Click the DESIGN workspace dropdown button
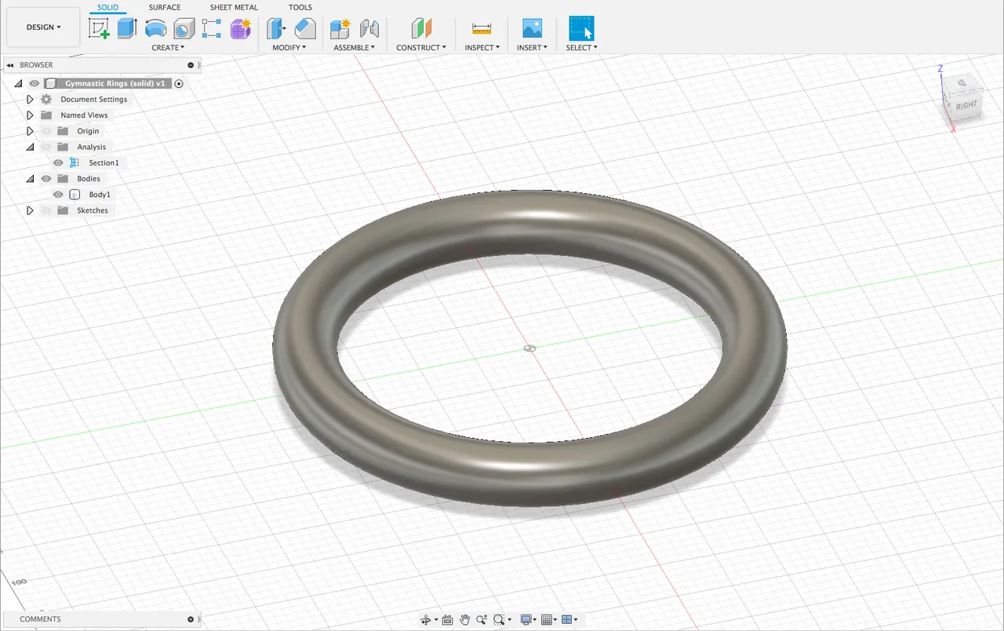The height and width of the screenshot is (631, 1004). click(x=43, y=27)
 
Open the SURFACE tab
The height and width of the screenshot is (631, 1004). click(x=165, y=8)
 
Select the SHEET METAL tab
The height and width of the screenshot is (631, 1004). click(x=234, y=8)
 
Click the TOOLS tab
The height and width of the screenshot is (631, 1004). click(x=300, y=8)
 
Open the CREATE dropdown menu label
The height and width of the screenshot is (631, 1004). click(x=168, y=48)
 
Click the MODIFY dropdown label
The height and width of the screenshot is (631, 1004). click(x=289, y=48)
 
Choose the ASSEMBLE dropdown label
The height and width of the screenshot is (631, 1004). click(x=354, y=48)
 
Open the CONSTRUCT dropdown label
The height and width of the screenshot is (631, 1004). click(x=420, y=48)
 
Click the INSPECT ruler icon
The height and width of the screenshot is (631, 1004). click(x=482, y=29)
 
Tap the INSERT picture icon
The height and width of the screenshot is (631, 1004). click(x=532, y=29)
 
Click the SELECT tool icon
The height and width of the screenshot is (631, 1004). click(x=581, y=29)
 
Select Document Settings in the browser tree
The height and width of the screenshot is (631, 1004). click(x=93, y=100)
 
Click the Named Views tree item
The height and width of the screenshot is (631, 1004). click(x=84, y=115)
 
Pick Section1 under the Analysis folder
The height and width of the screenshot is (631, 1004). click(x=104, y=163)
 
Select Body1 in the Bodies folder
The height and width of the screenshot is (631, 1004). click(x=100, y=195)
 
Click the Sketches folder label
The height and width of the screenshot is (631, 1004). click(x=93, y=210)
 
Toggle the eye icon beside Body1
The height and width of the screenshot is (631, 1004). click(x=58, y=195)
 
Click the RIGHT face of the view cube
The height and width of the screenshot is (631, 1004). click(x=966, y=105)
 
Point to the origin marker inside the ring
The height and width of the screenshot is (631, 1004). click(x=530, y=348)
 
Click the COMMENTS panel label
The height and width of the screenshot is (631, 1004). click(x=40, y=619)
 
